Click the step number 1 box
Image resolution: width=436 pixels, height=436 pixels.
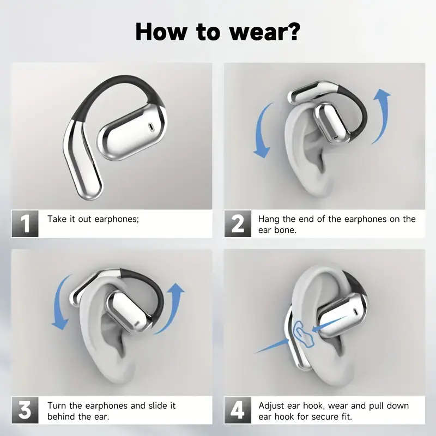tap(25, 224)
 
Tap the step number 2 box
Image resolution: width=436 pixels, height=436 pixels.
tap(238, 224)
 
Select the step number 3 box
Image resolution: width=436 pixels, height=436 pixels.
tap(25, 411)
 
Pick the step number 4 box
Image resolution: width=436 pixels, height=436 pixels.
tap(238, 411)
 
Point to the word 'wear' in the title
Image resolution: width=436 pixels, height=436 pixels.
tap(249, 32)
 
